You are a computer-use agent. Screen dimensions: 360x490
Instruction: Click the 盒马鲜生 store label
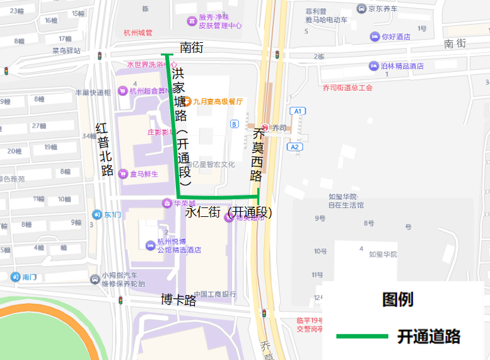(143, 173)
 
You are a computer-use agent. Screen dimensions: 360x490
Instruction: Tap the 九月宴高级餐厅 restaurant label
(218, 101)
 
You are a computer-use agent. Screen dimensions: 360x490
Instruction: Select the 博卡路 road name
(178, 299)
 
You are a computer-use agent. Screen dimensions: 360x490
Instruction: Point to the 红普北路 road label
(104, 149)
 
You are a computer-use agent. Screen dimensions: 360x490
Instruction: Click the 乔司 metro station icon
(265, 127)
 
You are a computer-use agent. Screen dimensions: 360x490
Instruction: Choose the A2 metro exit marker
(295, 147)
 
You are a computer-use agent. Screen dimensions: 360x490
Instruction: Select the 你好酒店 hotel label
(395, 37)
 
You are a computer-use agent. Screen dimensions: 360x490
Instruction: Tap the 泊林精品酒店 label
(402, 66)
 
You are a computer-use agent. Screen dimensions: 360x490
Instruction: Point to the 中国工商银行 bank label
(215, 294)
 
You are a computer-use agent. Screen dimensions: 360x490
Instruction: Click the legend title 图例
(397, 299)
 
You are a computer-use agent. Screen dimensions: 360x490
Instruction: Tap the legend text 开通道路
(428, 336)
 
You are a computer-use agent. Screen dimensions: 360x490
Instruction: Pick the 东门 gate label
(112, 214)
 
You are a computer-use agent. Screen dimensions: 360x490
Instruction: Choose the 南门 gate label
(30, 276)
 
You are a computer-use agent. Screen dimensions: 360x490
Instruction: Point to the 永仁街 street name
(203, 212)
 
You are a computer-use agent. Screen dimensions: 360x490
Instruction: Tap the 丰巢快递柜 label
(93, 92)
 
